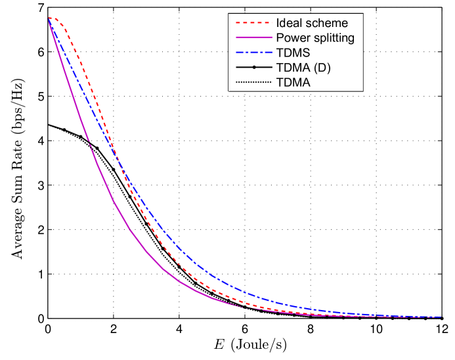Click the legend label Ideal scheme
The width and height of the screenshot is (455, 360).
tap(312, 23)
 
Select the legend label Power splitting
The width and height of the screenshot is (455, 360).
tap(315, 38)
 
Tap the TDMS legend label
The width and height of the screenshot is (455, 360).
tap(293, 53)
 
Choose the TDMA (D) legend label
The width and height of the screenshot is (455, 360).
tap(303, 68)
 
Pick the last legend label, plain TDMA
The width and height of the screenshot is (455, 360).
tap(293, 82)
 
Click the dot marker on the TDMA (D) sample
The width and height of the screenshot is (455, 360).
tap(253, 68)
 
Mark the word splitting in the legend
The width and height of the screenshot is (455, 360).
tap(334, 38)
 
